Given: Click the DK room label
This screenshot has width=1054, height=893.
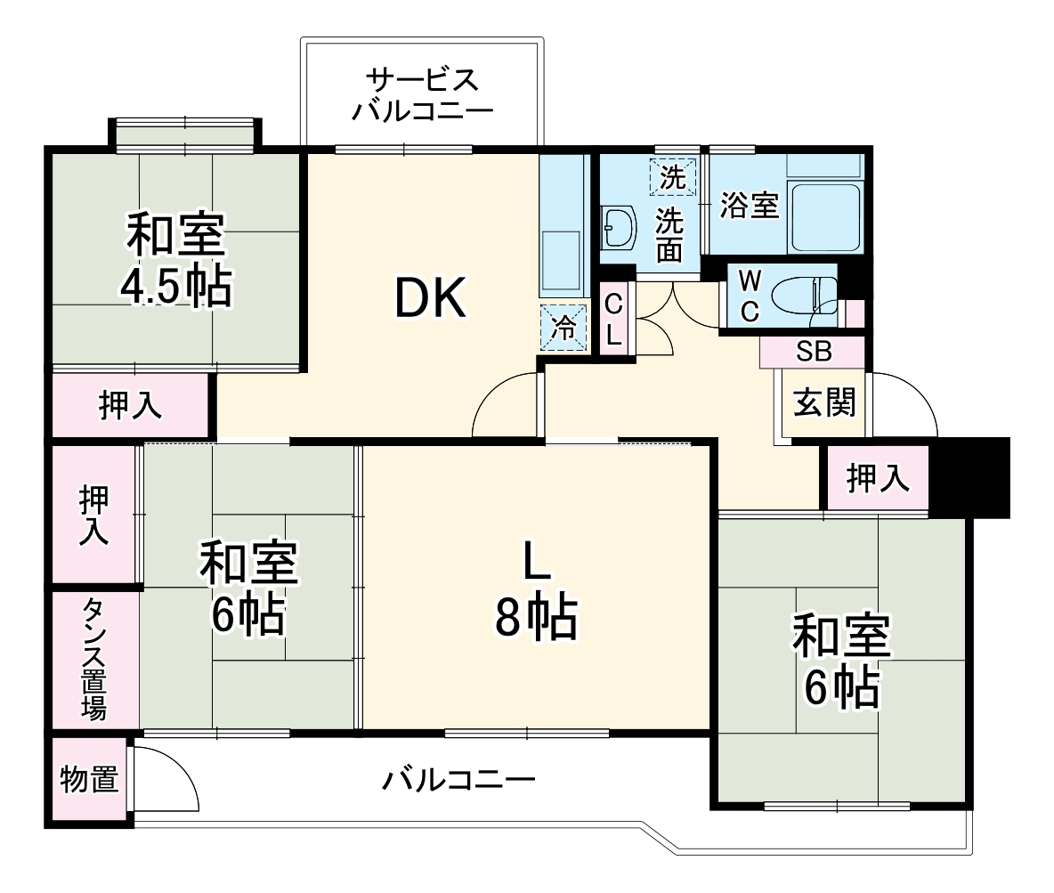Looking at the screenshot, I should point(431,300).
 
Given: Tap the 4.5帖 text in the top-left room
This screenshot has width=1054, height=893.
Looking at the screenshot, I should point(176,287).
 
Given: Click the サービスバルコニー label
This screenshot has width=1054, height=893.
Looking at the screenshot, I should point(422,95).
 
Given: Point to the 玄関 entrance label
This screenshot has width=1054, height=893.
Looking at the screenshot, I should point(824,403).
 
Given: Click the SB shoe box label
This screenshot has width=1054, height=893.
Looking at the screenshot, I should point(814,352).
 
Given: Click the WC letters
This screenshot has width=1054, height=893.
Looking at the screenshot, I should point(749,297).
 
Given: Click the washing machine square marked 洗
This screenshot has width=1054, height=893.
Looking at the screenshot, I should point(673,176).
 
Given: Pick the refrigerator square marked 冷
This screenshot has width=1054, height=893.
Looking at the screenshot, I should point(563,327).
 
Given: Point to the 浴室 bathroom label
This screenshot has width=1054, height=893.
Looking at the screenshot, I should point(749,206).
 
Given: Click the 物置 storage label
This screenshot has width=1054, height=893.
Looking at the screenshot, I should point(89,780).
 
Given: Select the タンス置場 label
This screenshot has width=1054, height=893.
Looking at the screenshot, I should point(94,659).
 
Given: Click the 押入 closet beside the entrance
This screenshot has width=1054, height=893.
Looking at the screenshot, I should point(878,479).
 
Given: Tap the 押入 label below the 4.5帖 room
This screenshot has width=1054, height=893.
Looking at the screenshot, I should point(130,406).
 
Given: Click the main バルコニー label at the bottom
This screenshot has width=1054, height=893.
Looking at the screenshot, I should point(459,781).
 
